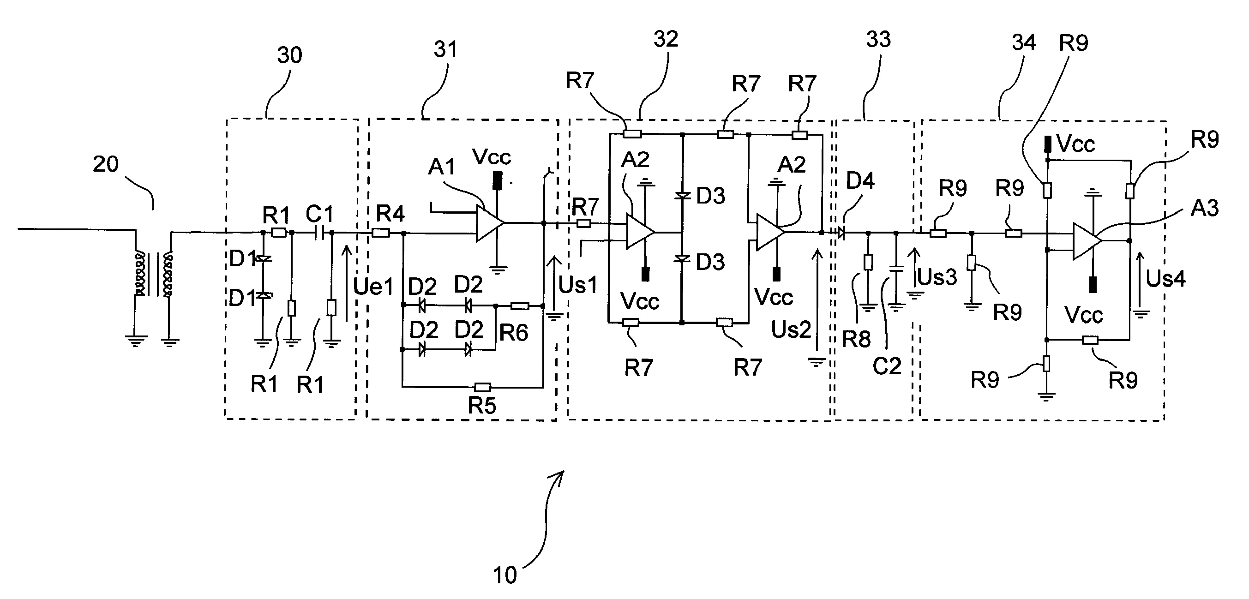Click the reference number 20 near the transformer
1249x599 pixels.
pyautogui.click(x=105, y=164)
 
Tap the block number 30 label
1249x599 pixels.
pyautogui.click(x=289, y=55)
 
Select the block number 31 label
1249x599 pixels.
pyautogui.click(x=445, y=49)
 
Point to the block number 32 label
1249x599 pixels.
pyautogui.click(x=665, y=39)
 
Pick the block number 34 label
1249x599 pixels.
pyautogui.click(x=1024, y=42)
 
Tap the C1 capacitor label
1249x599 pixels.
pyautogui.click(x=319, y=214)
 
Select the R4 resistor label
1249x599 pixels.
pyautogui.click(x=390, y=213)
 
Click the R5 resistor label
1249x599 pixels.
pyautogui.click(x=481, y=405)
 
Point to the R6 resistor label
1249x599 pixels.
pyautogui.click(x=513, y=333)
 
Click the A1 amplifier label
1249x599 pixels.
pyautogui.click(x=441, y=167)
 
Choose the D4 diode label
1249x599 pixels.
pyautogui.click(x=860, y=181)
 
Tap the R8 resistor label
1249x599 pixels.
pyautogui.click(x=856, y=339)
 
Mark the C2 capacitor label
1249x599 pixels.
pyautogui.click(x=887, y=366)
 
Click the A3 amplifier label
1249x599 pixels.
pyautogui.click(x=1204, y=209)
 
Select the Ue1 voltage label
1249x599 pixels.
pyautogui.click(x=373, y=287)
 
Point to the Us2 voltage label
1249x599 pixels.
pyautogui.click(x=791, y=330)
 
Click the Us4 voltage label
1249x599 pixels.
pyautogui.click(x=1165, y=279)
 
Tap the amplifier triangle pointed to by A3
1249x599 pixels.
pyautogui.click(x=1086, y=241)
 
